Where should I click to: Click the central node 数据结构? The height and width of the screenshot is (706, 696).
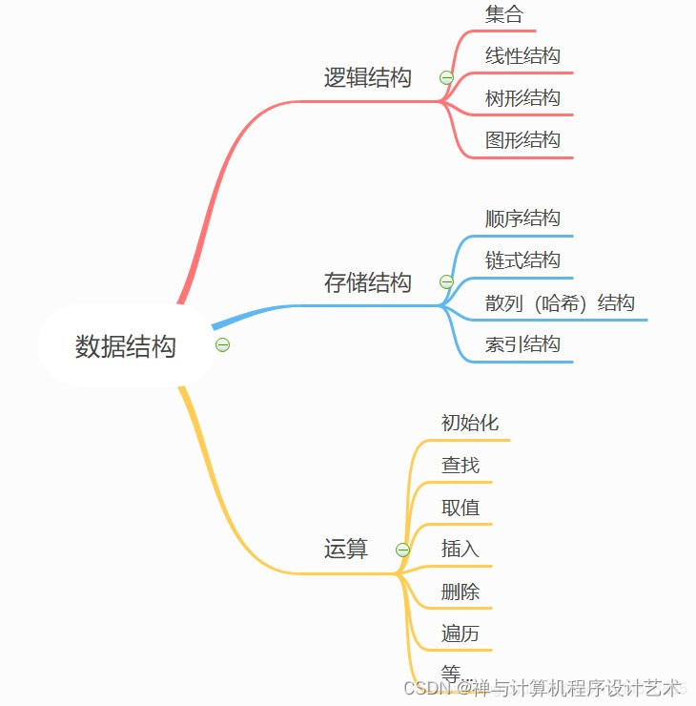[x=126, y=345]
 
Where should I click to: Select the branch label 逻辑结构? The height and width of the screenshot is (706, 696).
[x=368, y=77]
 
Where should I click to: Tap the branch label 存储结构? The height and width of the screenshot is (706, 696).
[x=368, y=282]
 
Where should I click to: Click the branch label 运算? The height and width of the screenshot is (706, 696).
[x=346, y=549]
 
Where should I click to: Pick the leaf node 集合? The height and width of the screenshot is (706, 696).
[x=504, y=14]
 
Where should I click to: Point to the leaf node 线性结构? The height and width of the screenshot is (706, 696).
[x=522, y=56]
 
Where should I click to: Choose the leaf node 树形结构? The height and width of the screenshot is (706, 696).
[x=522, y=98]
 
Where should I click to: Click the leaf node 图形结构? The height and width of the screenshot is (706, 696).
[x=522, y=140]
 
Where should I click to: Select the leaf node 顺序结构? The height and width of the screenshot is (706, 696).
[x=522, y=218]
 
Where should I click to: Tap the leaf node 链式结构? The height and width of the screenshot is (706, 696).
[x=522, y=260]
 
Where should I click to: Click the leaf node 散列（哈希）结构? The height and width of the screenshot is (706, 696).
[x=560, y=303]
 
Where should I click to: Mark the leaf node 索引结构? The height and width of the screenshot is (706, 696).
[x=522, y=344]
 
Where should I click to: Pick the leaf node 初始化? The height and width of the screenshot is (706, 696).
[x=470, y=423]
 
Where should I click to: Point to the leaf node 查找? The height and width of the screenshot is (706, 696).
[x=461, y=466]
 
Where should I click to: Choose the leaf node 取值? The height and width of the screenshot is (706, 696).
[x=461, y=508]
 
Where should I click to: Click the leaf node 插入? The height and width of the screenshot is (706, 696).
[x=461, y=550]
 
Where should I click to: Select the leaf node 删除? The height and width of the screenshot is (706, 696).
[x=461, y=592]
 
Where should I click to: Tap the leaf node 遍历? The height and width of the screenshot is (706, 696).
[x=461, y=633]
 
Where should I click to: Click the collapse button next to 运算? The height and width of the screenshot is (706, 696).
[x=402, y=550]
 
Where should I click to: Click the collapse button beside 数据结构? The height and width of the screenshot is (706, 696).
[x=223, y=344]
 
